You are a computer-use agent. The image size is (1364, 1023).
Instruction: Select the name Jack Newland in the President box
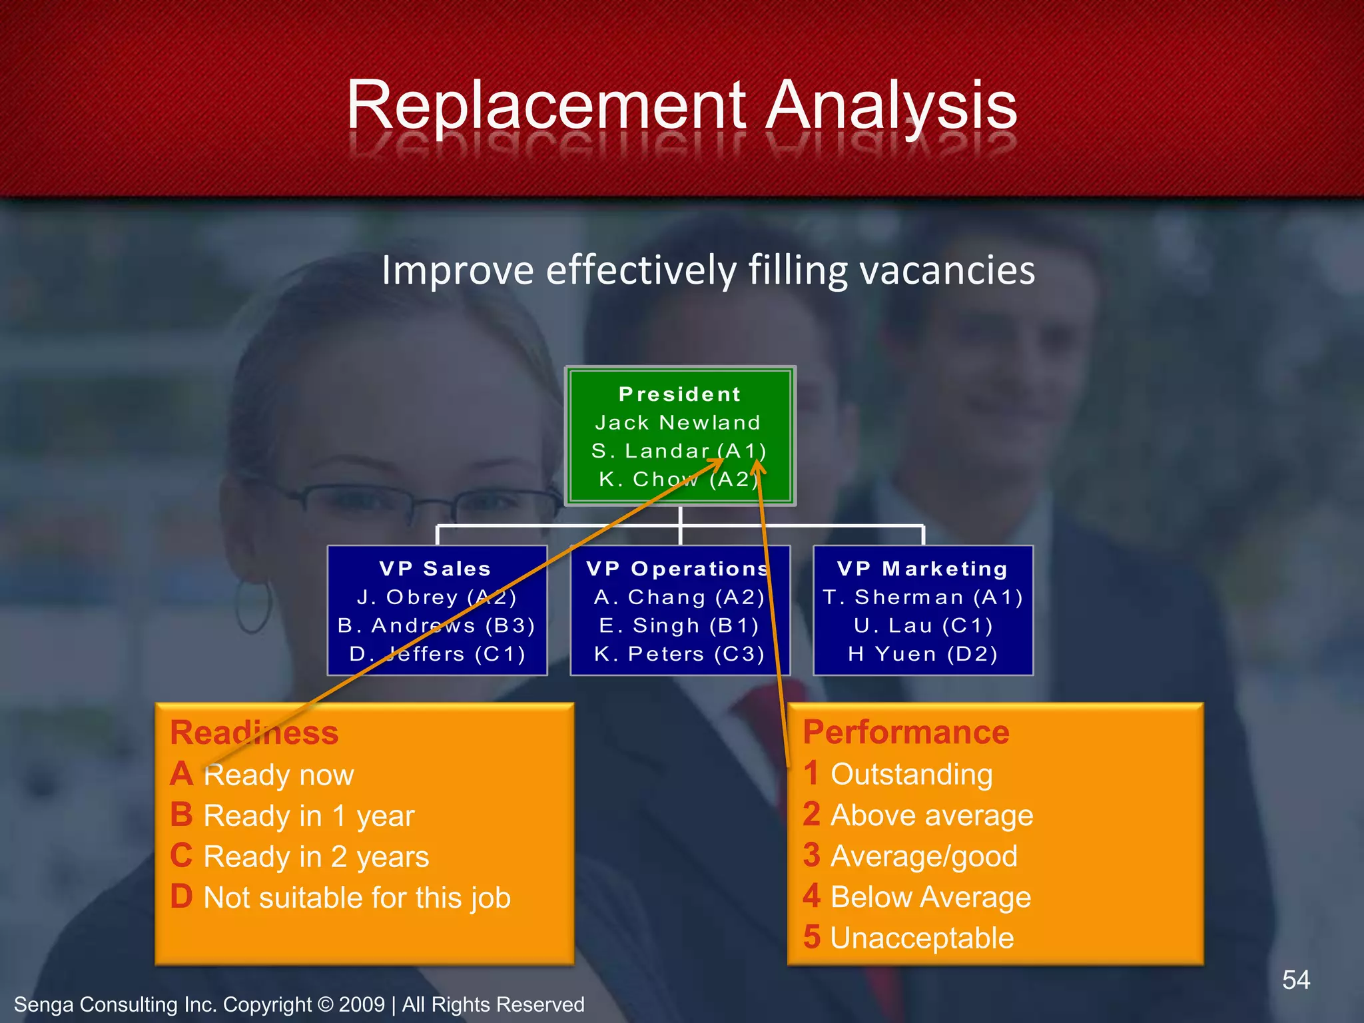678,422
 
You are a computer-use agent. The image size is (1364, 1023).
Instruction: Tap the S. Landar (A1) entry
679,451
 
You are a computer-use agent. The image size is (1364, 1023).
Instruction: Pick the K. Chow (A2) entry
679,479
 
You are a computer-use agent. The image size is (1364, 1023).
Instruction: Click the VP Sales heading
436,568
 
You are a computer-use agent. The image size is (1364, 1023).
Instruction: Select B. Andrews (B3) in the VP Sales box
436,625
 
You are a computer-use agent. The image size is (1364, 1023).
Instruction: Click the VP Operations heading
678,568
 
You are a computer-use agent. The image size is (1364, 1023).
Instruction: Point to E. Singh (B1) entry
679,625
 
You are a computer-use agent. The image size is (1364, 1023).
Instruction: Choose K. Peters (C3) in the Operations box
679,654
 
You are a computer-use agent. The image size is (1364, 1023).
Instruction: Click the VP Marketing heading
922,568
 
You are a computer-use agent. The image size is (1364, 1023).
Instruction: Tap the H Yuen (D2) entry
922,654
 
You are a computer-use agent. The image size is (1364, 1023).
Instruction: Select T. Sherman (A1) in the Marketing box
922,597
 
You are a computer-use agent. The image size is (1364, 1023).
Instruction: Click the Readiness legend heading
254,732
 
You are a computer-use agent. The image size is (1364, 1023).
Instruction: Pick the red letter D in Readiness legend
181,896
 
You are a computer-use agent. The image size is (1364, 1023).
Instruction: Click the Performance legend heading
906,732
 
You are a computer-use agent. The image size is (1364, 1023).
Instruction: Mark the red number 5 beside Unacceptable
811,937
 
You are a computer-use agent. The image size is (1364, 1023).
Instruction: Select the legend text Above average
932,815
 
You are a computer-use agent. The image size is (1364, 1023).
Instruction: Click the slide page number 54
1295,980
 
